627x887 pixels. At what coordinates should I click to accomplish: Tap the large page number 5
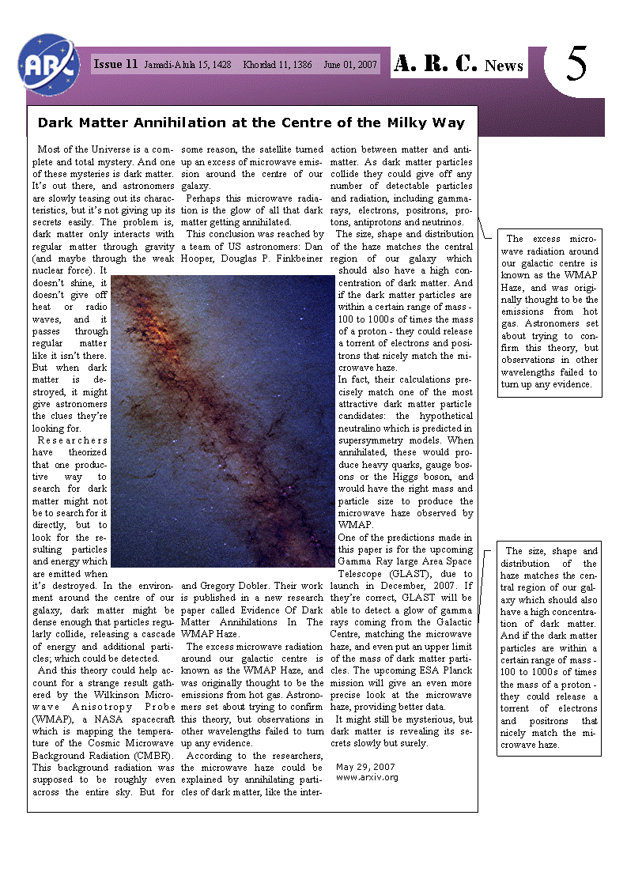(577, 65)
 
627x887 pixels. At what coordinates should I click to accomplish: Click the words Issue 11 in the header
(115, 65)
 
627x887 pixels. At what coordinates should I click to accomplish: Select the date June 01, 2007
(351, 65)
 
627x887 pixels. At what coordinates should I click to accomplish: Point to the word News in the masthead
(504, 66)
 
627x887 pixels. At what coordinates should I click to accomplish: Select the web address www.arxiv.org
(367, 777)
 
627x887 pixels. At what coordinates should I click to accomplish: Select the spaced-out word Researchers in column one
(72, 440)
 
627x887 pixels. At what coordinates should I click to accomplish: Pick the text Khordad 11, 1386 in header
(277, 65)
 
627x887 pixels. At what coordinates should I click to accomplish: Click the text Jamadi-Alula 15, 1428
(187, 65)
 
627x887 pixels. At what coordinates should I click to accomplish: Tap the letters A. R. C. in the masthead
(436, 65)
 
